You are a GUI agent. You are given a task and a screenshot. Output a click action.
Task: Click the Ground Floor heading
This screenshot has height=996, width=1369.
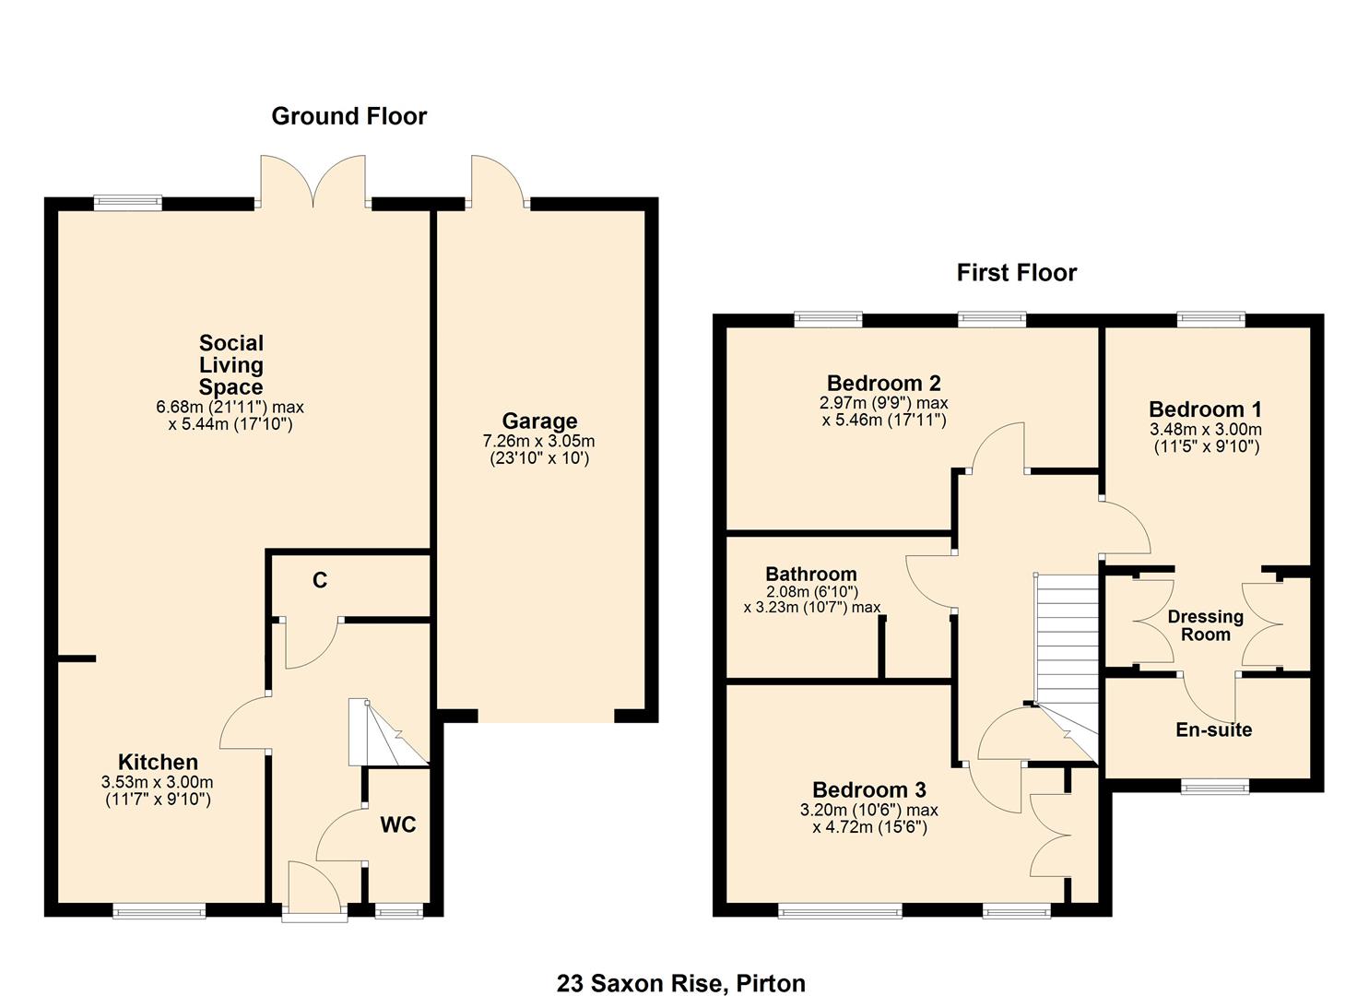[348, 116]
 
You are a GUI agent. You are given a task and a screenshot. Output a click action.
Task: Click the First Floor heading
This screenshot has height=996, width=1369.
[1016, 273]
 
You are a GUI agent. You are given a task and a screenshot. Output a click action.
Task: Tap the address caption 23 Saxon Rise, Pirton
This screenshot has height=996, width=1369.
[680, 983]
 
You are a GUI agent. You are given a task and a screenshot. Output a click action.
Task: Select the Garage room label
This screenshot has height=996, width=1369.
[539, 421]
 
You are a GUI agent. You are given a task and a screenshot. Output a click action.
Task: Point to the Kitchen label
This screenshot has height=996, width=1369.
[158, 762]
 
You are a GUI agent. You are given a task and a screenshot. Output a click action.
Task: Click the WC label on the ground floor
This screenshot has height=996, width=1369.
[398, 824]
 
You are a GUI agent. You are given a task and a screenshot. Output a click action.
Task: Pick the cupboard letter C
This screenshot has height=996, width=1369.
[320, 580]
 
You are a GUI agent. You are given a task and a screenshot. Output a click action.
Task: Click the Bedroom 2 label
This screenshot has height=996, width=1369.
[883, 383]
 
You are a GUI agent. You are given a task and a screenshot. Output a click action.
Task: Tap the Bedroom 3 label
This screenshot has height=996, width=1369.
[868, 789]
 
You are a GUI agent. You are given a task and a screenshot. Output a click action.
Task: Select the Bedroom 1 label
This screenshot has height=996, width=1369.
[1205, 409]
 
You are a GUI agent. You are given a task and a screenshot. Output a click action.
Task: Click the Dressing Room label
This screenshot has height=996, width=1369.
[1205, 625]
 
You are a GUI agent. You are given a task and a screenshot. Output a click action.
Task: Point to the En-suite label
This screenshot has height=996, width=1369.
[1213, 729]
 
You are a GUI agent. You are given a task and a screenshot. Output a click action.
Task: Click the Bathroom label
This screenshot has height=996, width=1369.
[810, 574]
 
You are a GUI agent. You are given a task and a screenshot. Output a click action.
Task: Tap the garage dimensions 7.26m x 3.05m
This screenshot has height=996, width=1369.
[539, 441]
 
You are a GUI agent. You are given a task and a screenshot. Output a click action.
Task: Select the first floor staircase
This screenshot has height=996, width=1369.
[1068, 646]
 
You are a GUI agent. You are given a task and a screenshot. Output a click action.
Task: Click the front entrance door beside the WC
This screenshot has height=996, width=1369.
[313, 890]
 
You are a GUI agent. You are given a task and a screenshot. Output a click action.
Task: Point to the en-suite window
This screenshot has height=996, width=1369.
[1215, 787]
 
